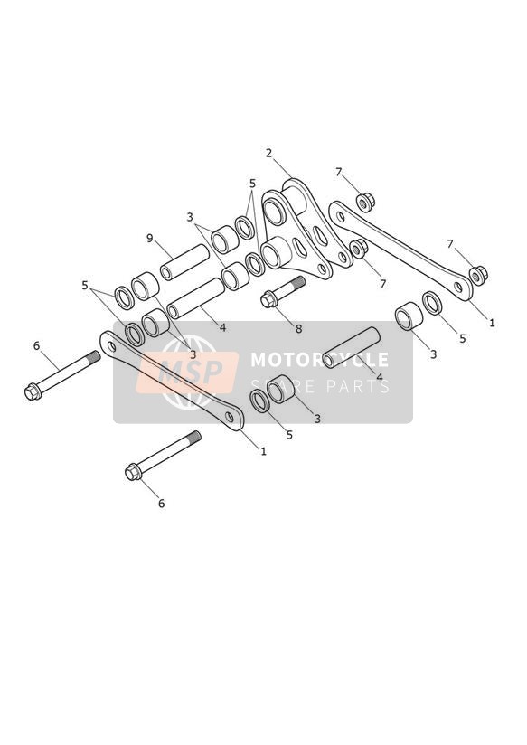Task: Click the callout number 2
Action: tap(269, 153)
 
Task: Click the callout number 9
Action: tap(150, 238)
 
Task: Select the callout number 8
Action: tap(298, 328)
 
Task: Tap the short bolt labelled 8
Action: tap(282, 292)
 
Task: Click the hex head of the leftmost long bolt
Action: tap(33, 392)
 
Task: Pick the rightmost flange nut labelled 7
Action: tap(478, 274)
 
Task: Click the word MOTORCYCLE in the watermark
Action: tap(319, 360)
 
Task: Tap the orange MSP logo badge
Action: tap(187, 372)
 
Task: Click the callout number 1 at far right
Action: tap(493, 323)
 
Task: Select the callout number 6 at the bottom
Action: tap(161, 504)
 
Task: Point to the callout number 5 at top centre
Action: tap(252, 183)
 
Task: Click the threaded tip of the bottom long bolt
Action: tap(194, 436)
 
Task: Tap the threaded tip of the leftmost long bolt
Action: tap(94, 356)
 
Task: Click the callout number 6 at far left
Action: tap(36, 346)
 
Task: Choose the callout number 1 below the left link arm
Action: tap(264, 451)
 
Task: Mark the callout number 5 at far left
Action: tap(85, 286)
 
